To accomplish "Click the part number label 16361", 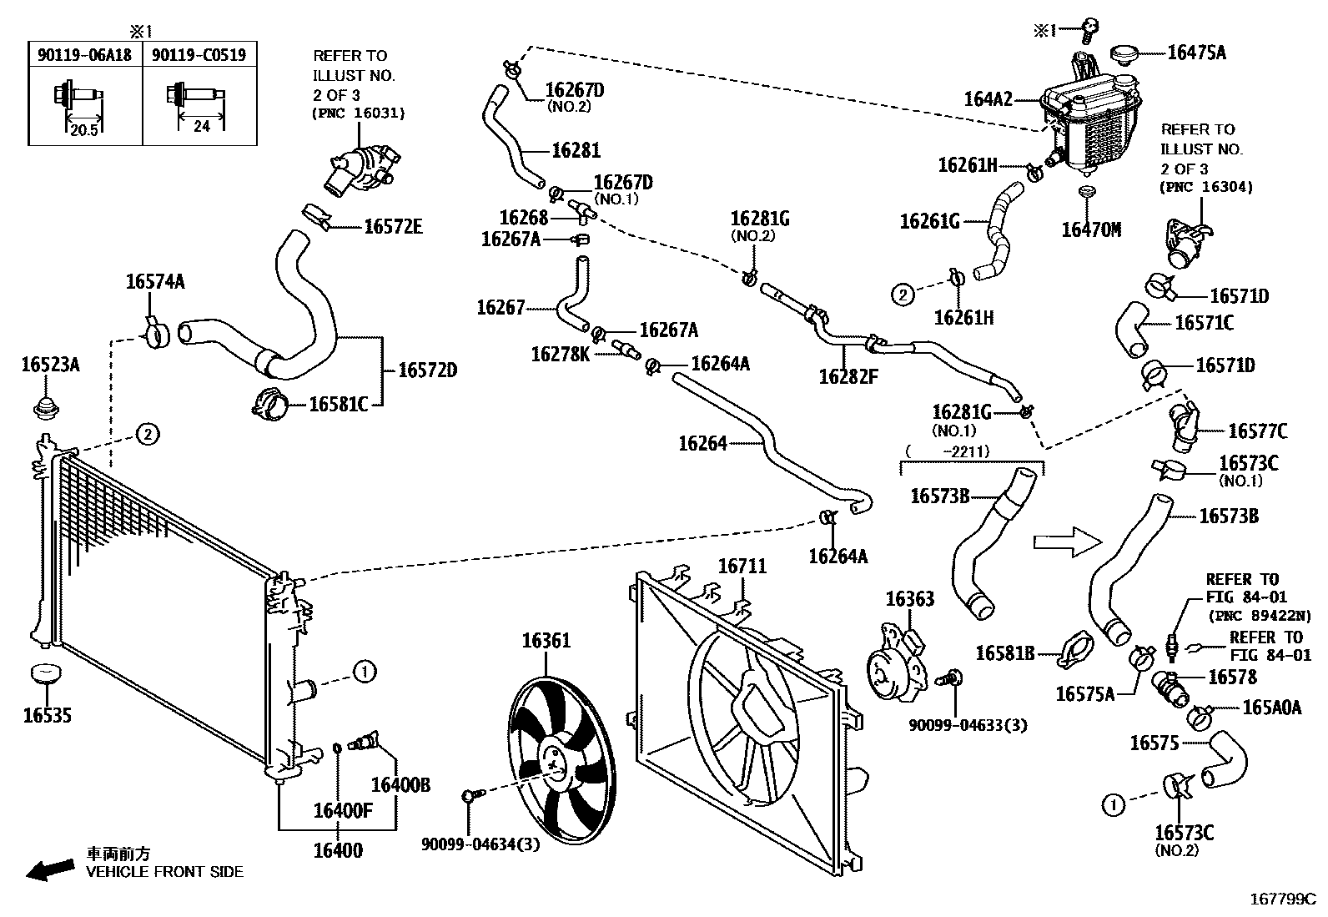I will (x=546, y=641).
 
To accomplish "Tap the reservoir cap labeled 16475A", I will (x=1129, y=55).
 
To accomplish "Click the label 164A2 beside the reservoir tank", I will (x=988, y=99).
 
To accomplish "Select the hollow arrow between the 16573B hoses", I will (x=1067, y=542).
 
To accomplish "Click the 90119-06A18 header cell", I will (x=84, y=54).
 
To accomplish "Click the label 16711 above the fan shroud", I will (x=742, y=567).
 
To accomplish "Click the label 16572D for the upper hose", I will (x=427, y=370).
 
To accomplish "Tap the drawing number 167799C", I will (x=1281, y=899).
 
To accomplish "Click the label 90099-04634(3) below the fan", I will (x=480, y=844).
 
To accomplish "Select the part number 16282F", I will (x=848, y=375).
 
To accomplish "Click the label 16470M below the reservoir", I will (x=1091, y=229).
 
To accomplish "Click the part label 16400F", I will (x=343, y=809).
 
